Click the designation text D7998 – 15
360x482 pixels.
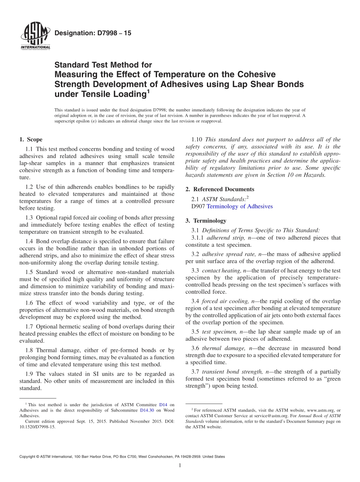point(93,33)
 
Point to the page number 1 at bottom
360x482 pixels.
point(180,466)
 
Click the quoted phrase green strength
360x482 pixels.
point(327,379)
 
